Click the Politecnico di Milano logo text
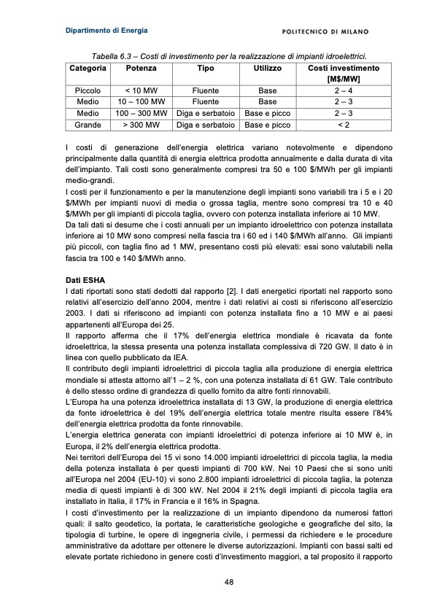tap(325, 31)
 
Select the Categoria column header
tap(88, 68)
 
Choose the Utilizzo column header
tap(267, 68)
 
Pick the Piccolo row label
tap(88, 90)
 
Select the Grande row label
tap(88, 125)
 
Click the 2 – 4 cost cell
tap(344, 90)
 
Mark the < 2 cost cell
tap(344, 125)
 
